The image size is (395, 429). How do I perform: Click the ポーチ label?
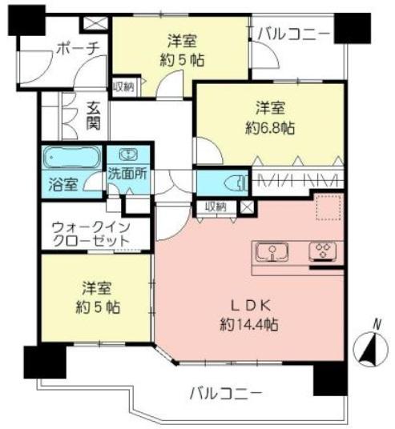click(x=78, y=49)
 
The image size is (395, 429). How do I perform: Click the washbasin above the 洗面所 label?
click(x=129, y=154)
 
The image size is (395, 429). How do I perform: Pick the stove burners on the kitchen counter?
click(x=323, y=253)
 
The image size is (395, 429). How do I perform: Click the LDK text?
click(x=251, y=305)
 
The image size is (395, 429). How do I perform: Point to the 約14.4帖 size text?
click(x=250, y=324)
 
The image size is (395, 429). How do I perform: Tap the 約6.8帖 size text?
click(x=268, y=126)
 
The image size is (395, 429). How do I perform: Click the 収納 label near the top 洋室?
click(x=123, y=86)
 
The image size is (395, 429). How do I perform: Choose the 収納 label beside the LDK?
click(x=215, y=206)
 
